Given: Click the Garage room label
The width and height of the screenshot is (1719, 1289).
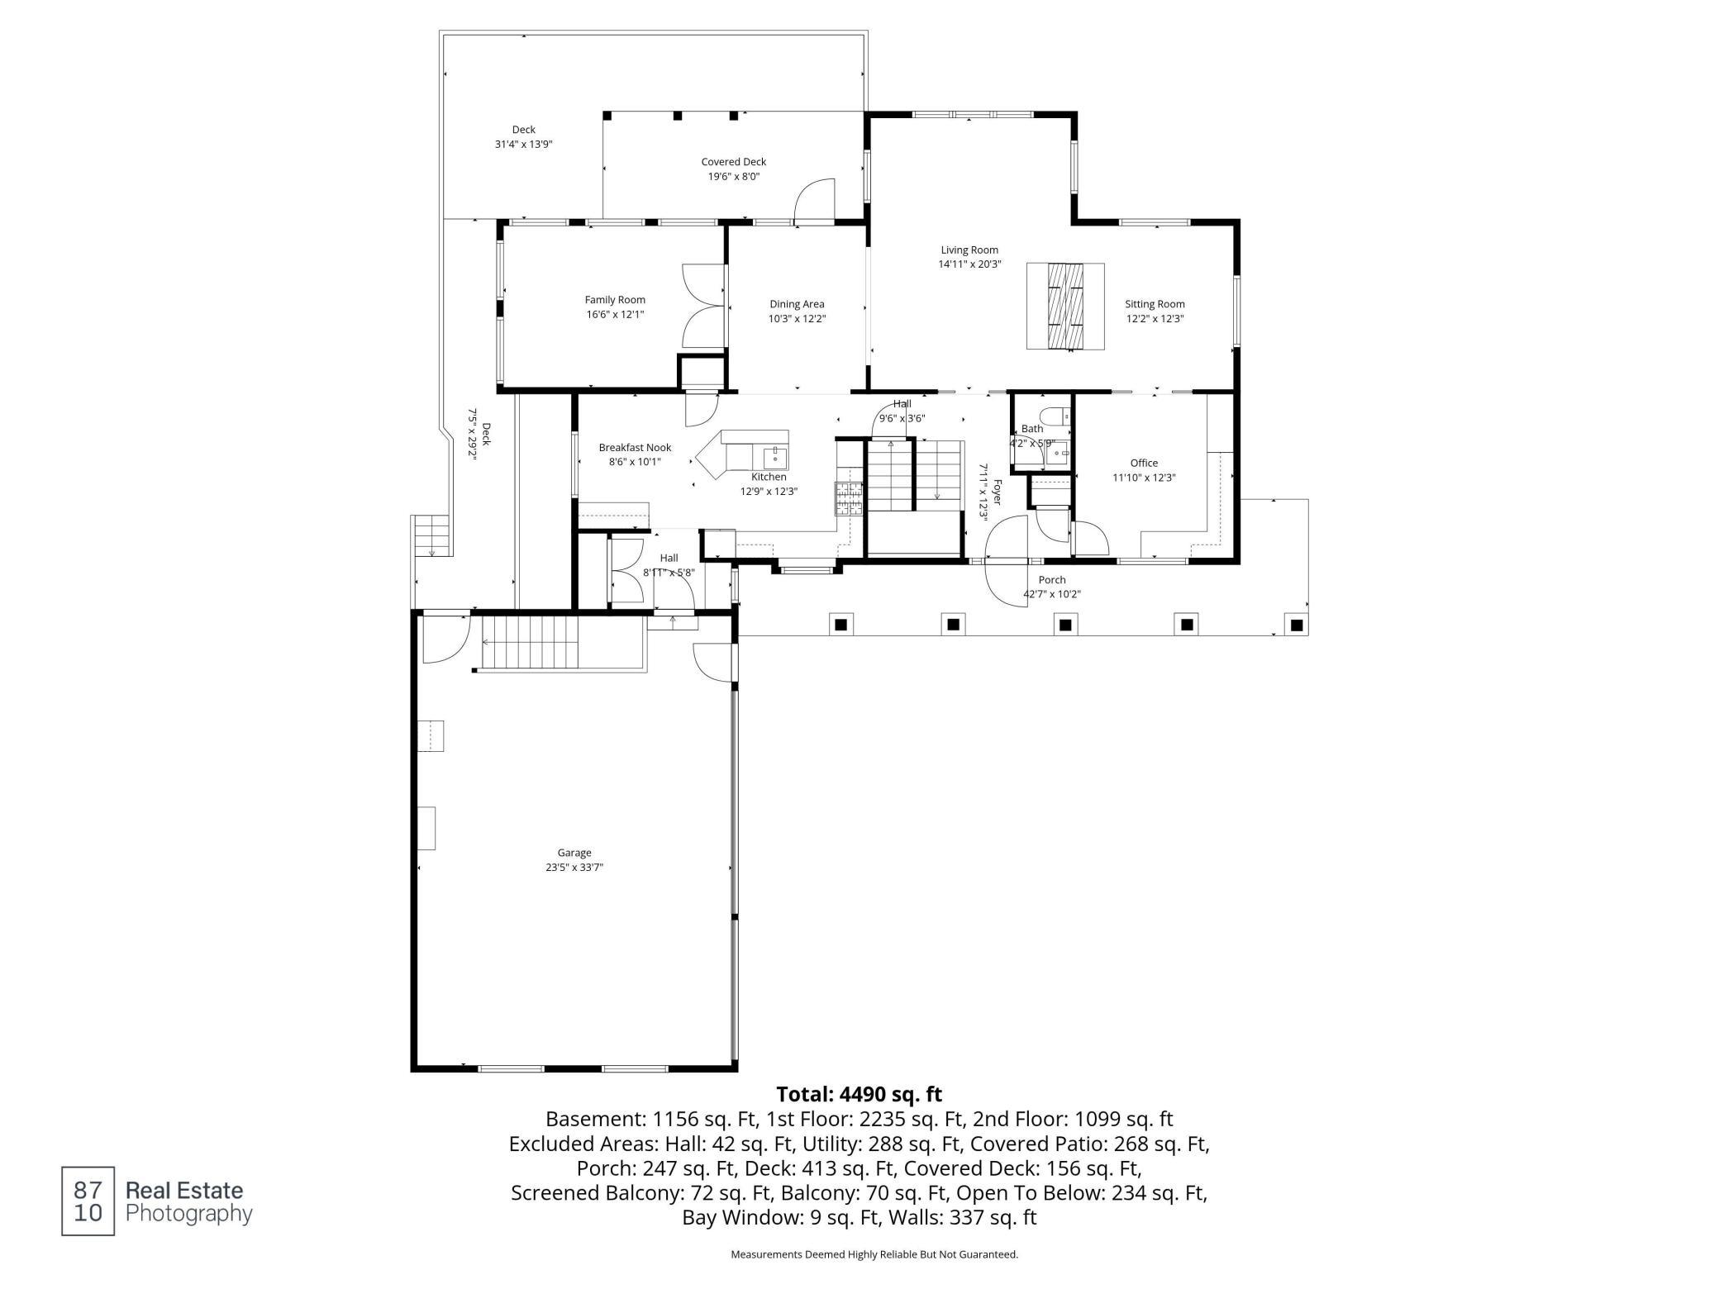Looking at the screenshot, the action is click(574, 853).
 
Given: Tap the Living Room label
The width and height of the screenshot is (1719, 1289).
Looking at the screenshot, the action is click(969, 250).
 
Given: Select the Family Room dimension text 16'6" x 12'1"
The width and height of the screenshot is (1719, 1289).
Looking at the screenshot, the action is click(615, 314).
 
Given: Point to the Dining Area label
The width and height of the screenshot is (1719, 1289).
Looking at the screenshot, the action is click(797, 304).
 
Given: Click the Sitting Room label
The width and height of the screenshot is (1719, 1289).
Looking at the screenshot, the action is click(1155, 304).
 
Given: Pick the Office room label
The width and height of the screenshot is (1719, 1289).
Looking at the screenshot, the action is click(1144, 463).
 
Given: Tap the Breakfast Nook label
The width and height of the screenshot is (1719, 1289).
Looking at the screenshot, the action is click(635, 448).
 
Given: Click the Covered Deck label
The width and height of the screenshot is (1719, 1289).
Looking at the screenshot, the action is click(734, 162).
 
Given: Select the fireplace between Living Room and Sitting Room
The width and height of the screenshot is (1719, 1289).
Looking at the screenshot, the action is click(1065, 306).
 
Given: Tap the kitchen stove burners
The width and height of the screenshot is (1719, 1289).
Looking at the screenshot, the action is click(848, 498).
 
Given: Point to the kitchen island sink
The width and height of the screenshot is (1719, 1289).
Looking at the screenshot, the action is click(774, 455).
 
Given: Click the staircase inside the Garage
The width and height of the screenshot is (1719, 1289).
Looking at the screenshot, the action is click(562, 644).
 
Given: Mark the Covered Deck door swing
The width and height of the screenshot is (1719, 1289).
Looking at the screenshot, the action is click(815, 201).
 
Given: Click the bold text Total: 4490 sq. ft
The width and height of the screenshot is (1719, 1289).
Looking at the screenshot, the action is click(859, 1094).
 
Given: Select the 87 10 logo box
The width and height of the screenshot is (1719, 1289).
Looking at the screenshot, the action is click(88, 1201).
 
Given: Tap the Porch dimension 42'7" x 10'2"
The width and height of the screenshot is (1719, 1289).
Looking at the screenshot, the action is click(1052, 594).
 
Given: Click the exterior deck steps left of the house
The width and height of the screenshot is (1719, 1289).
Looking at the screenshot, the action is click(431, 535).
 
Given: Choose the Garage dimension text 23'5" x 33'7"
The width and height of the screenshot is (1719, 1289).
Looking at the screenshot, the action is click(574, 868).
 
